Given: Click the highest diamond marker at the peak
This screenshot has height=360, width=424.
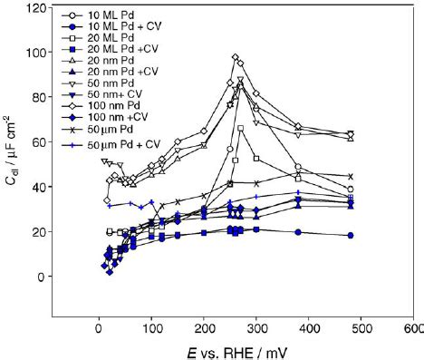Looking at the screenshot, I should tap(236, 58).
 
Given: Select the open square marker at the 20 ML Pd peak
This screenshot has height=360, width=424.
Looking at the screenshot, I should tap(240, 129).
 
